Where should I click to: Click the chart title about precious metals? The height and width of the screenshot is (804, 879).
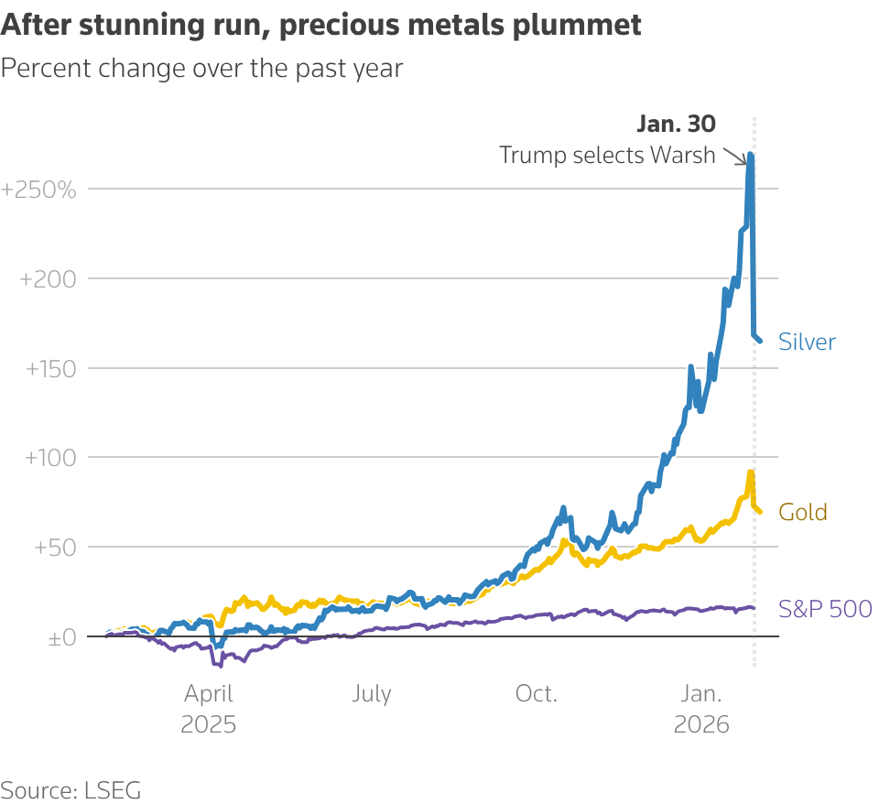click(321, 26)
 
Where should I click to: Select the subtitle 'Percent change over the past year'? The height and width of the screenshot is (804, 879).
click(202, 69)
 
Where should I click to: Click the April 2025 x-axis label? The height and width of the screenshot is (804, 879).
click(208, 709)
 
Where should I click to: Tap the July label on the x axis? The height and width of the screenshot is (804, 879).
click(372, 694)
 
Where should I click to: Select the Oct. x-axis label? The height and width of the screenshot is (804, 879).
click(537, 694)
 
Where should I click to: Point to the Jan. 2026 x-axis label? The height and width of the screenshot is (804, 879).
click(701, 709)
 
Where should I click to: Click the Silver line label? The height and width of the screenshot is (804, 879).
click(807, 342)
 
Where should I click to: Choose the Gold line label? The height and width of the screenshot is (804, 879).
click(803, 512)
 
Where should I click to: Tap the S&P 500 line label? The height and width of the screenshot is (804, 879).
click(825, 608)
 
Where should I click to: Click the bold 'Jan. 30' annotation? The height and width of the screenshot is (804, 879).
click(676, 124)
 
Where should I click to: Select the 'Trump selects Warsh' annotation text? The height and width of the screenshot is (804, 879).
click(607, 155)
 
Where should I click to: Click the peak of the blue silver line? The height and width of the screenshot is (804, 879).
click(751, 155)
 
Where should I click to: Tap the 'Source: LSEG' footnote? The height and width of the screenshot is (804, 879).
click(71, 790)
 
